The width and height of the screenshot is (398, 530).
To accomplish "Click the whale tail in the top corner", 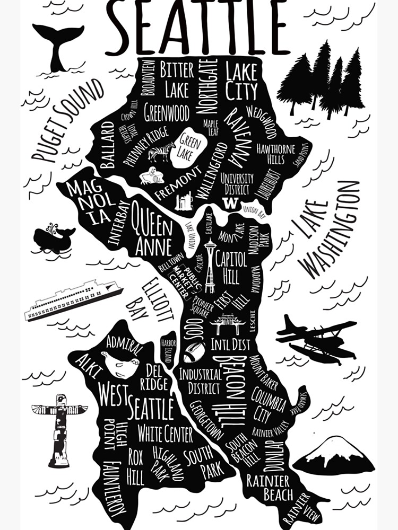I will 58,44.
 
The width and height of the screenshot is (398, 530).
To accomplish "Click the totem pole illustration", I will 59,429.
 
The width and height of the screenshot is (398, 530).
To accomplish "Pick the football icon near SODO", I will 194,352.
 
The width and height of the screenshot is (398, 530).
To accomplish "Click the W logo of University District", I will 230,203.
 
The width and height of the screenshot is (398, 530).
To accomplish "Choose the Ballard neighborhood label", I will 107,145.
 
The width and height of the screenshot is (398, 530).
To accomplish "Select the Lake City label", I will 241,82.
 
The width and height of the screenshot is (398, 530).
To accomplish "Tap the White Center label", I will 166,435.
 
